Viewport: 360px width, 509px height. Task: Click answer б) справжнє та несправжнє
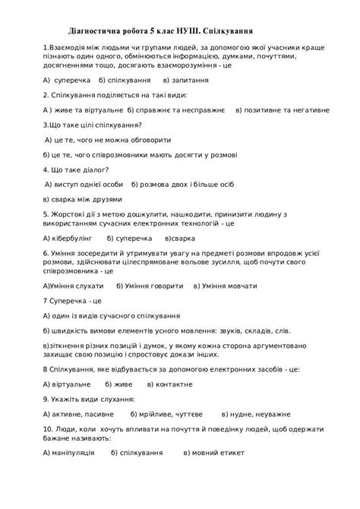pyautogui.click(x=176, y=110)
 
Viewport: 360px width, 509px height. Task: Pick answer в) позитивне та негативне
pyautogui.click(x=283, y=110)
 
